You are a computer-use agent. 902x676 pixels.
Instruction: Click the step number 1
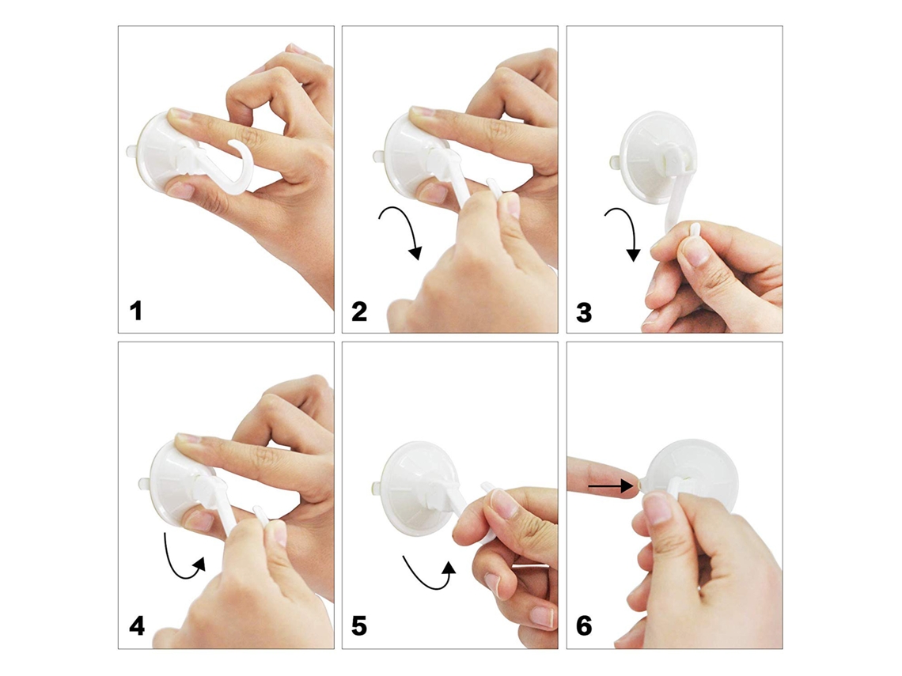click(x=136, y=311)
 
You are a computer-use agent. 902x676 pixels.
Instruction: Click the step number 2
click(x=359, y=311)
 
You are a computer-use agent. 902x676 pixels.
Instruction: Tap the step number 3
click(x=584, y=313)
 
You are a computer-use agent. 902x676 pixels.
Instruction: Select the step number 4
click(x=137, y=625)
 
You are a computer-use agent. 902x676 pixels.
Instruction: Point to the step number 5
click(x=359, y=625)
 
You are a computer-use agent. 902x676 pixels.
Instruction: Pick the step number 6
click(x=584, y=625)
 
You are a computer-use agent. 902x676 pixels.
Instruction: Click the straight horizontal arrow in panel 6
click(x=609, y=486)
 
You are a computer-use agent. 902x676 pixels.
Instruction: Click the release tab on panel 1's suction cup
click(x=131, y=152)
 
